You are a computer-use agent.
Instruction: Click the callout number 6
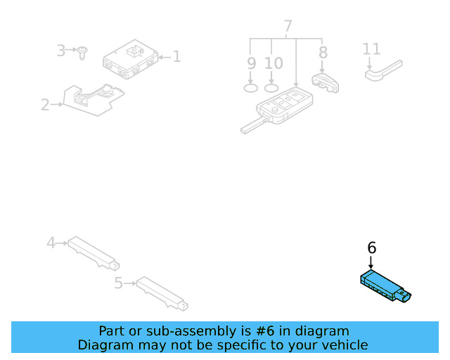372,247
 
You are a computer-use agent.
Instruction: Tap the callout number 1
176,56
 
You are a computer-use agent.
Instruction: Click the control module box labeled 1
130,60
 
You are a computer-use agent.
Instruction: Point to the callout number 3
61,51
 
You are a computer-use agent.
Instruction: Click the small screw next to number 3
83,52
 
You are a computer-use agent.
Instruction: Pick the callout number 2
45,105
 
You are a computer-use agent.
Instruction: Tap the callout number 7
288,27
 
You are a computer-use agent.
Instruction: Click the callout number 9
251,64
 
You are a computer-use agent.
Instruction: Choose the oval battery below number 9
251,88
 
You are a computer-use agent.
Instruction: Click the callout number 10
273,64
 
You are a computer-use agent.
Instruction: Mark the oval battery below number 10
272,88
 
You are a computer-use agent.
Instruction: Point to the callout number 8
323,53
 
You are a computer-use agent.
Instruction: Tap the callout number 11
371,49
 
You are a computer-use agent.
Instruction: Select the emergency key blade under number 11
383,70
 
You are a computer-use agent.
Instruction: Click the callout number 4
51,243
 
